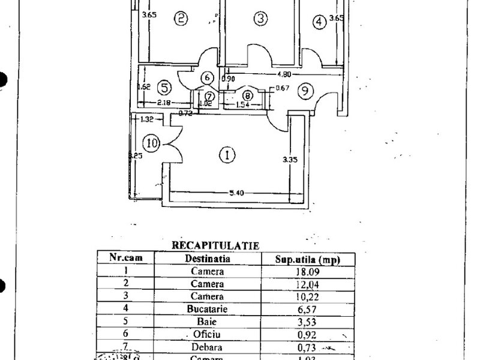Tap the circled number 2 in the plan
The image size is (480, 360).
coord(181,19)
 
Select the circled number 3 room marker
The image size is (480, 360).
coord(260,19)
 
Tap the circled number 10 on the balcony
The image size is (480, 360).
coord(152,143)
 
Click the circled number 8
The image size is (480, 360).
coord(247,94)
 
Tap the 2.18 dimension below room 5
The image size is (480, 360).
coord(164,103)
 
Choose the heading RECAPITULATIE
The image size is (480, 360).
coord(215,245)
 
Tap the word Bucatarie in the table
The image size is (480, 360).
coord(208,309)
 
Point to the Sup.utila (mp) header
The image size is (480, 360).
coord(307,259)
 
